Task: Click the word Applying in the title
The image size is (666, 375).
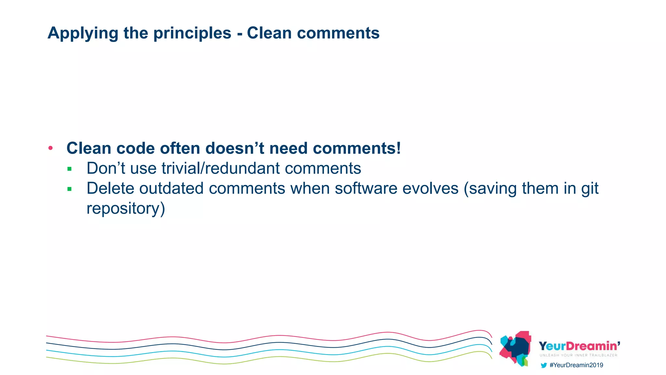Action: click(x=83, y=34)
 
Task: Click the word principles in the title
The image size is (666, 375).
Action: click(x=192, y=34)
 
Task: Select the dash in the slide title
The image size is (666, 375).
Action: click(x=240, y=34)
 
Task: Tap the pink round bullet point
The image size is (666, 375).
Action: click(x=50, y=148)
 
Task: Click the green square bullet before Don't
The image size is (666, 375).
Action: click(x=69, y=169)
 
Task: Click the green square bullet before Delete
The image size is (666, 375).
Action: click(x=69, y=189)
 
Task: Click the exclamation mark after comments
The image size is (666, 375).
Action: click(x=398, y=148)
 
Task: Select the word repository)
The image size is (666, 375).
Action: click(x=126, y=209)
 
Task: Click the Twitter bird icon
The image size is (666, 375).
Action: click(x=543, y=365)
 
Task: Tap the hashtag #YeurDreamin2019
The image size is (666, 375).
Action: click(x=576, y=365)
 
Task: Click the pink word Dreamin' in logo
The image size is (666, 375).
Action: click(x=593, y=346)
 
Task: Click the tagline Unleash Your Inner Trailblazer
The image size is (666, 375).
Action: click(x=578, y=355)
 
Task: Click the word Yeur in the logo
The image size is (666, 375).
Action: click(x=552, y=346)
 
